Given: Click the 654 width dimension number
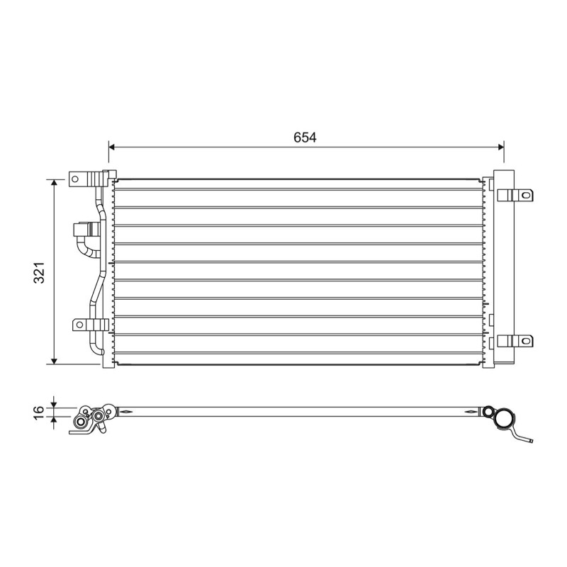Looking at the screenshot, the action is tap(305, 137).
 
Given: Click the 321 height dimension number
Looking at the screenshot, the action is tap(39, 272).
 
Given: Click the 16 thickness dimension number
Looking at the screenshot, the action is tap(39, 412).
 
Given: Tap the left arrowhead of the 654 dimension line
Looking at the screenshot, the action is tap(112, 147).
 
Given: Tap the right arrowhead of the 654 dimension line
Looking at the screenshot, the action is tap(501, 147).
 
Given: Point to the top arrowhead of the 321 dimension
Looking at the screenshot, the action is tap(55, 182).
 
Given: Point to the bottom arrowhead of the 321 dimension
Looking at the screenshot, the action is tap(55, 361).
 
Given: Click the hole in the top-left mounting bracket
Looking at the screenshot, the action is tap(75, 179).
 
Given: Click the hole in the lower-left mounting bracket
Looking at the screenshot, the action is tap(79, 325).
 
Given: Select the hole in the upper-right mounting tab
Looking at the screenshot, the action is tap(526, 196).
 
